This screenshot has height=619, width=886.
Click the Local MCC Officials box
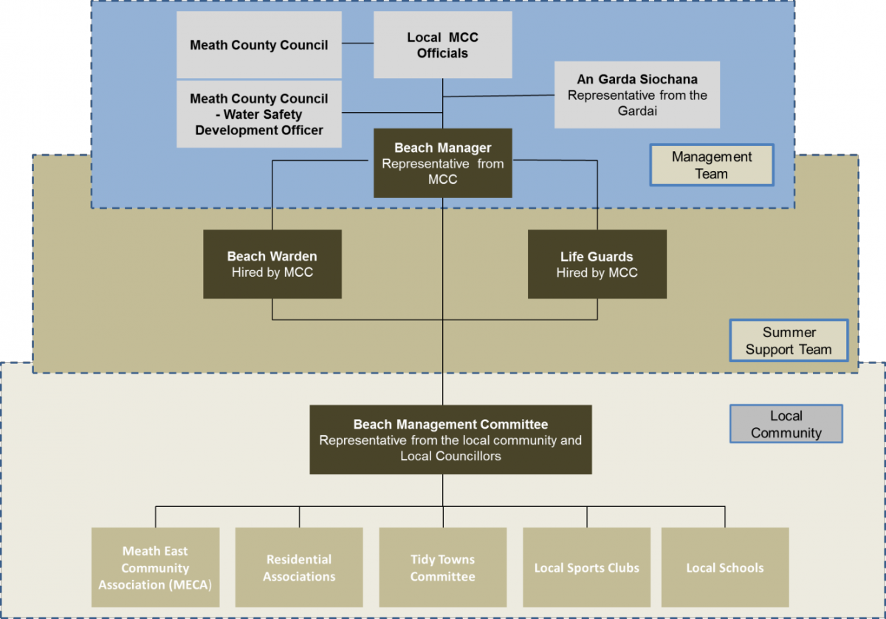(442, 45)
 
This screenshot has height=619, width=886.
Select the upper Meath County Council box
(258, 45)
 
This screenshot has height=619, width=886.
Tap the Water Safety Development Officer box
(258, 114)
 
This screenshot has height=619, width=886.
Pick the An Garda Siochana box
(636, 94)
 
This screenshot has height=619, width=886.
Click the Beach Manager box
(442, 163)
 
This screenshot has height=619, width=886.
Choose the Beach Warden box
(272, 264)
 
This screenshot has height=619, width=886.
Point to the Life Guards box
(597, 264)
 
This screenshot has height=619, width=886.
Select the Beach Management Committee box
(450, 440)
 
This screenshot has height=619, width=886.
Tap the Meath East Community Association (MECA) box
(155, 568)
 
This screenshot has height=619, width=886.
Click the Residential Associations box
(299, 568)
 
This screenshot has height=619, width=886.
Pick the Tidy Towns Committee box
(442, 568)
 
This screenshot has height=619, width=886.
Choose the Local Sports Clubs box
(586, 568)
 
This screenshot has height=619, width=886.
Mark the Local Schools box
(724, 568)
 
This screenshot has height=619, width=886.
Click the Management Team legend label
(711, 165)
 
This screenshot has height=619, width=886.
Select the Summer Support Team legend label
(788, 341)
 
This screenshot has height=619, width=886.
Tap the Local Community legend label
(786, 424)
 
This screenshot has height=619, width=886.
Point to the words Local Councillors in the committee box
(450, 456)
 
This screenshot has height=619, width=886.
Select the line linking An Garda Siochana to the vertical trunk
(498, 96)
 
